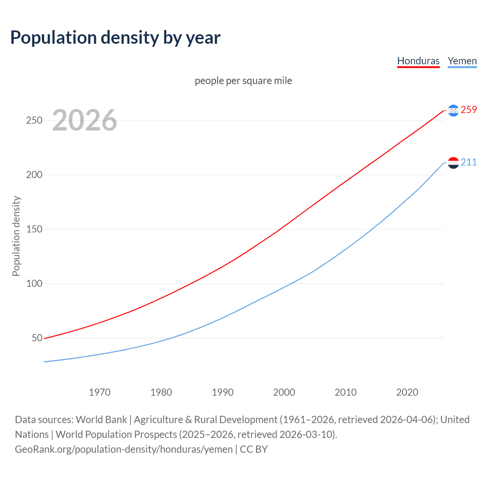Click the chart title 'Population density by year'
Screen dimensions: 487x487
point(115,38)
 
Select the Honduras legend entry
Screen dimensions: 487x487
point(418,61)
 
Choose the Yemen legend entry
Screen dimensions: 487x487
point(462,61)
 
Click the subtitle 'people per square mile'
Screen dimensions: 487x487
point(243,81)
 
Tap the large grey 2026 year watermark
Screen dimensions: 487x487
point(84,120)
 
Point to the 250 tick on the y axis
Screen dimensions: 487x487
point(34,121)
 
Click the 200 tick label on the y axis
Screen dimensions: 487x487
point(34,175)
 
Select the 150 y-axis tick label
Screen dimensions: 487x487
point(34,229)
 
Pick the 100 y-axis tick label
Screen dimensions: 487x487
point(34,284)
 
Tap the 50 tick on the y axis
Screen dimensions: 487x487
point(37,338)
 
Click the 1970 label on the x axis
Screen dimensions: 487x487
point(100,392)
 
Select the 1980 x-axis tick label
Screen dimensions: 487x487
point(161,392)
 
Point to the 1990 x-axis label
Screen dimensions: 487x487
point(223,392)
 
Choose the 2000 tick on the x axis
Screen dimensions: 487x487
point(284,392)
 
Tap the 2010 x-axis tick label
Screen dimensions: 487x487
point(345,392)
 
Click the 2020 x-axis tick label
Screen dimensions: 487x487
point(407,392)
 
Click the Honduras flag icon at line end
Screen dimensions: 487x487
point(453,110)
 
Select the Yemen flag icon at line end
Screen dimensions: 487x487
point(453,163)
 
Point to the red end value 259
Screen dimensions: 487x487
point(469,110)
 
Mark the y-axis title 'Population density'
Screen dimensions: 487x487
point(16,236)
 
